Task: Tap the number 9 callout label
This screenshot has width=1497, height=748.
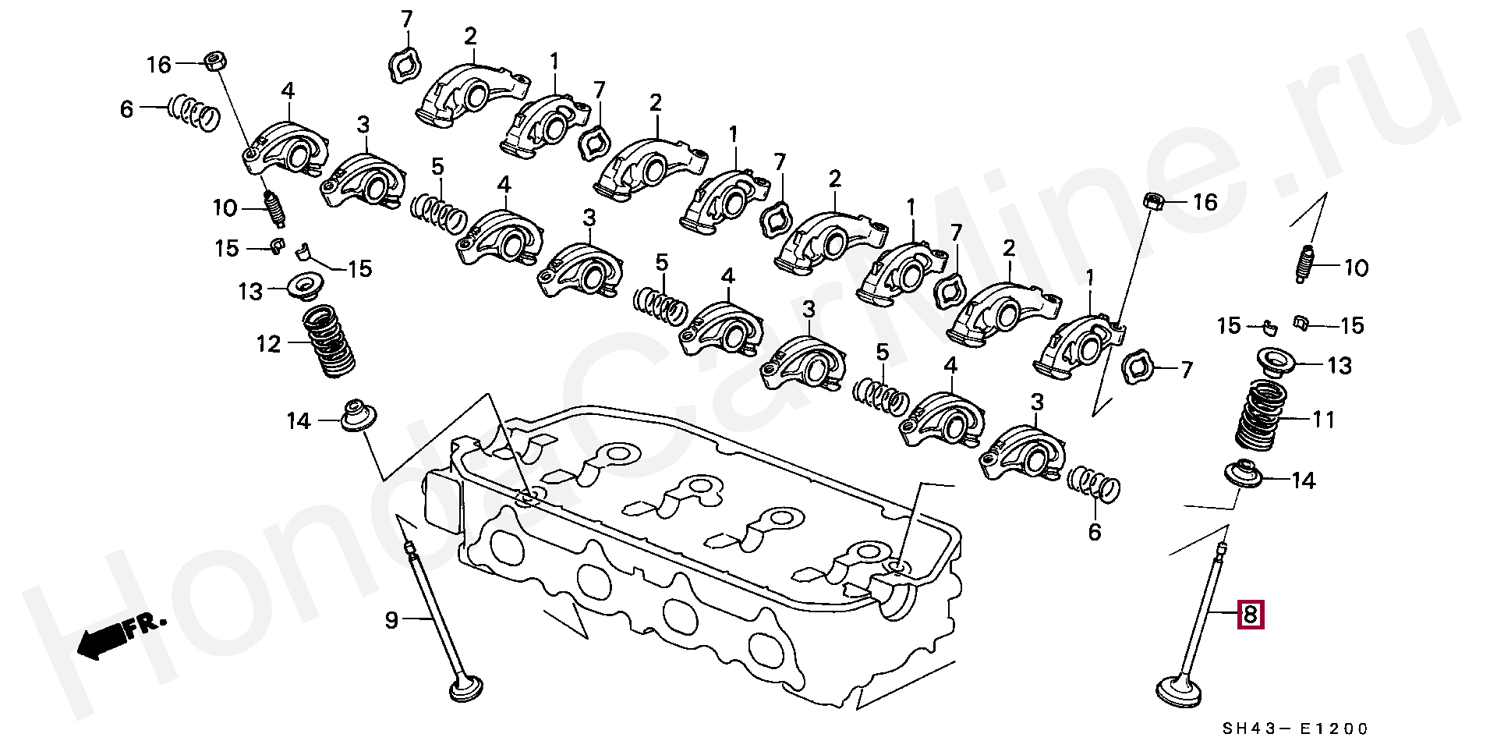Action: (391, 620)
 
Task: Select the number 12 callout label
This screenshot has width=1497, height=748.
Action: (268, 343)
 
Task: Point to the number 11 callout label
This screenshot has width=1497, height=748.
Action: (1323, 420)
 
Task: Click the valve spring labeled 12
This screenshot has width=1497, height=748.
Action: (327, 341)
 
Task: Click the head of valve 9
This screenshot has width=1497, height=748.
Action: (466, 692)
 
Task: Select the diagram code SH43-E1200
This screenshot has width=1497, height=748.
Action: (1294, 729)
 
